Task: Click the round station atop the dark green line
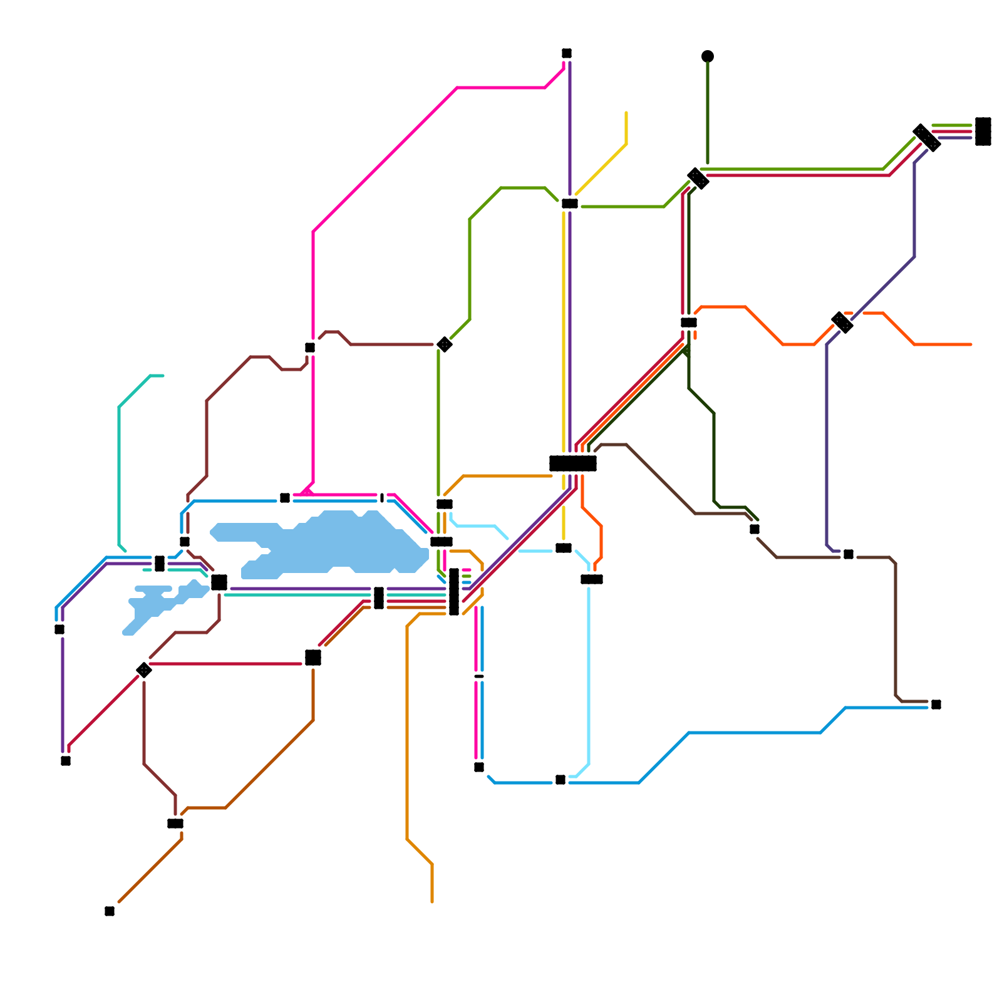click(x=708, y=56)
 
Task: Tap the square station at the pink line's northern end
click(x=567, y=53)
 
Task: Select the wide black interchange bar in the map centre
click(x=572, y=463)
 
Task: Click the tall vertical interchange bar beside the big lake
click(x=454, y=592)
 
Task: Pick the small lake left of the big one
click(x=160, y=604)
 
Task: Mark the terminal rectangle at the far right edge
click(x=983, y=132)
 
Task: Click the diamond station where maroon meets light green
click(x=445, y=344)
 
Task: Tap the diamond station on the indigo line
click(x=842, y=323)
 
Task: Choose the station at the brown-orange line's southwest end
click(x=110, y=911)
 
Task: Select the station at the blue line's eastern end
click(x=936, y=705)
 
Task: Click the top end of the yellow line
click(x=626, y=113)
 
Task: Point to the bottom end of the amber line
click(x=432, y=902)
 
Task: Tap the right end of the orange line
click(x=971, y=344)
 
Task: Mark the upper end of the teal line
click(x=162, y=376)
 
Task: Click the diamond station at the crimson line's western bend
click(x=144, y=670)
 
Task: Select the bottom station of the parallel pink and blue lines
click(x=479, y=767)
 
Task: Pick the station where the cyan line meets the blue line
click(x=560, y=780)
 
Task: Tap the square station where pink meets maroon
click(x=310, y=348)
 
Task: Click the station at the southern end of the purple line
click(x=66, y=761)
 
